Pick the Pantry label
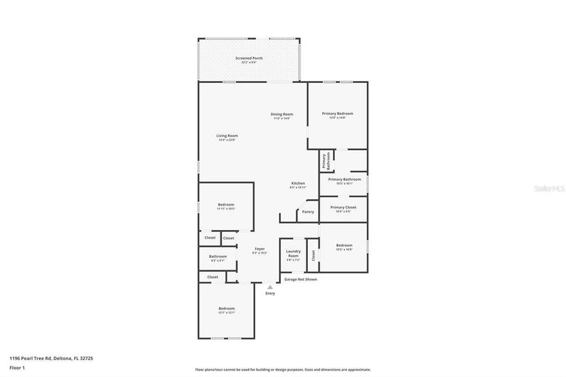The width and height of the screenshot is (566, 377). (308, 212)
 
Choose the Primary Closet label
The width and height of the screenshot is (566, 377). (343, 209)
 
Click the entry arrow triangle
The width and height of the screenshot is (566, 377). (270, 287)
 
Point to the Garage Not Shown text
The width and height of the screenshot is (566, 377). (300, 279)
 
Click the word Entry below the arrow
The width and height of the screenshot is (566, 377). (270, 293)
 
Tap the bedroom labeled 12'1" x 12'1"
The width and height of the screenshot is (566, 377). (226, 310)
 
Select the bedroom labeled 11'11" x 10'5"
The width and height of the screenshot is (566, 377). (226, 205)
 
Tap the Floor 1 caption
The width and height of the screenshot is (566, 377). (16, 367)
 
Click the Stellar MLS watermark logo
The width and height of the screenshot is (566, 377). (548, 187)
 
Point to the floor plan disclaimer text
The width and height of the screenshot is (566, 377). (283, 370)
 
